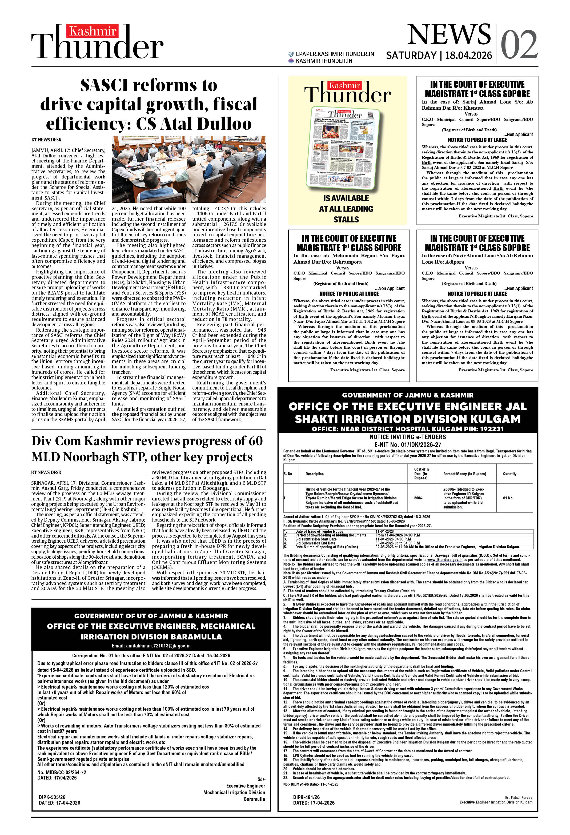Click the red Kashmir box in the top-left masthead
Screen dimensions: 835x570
[x=92, y=31]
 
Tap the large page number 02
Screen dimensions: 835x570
[x=519, y=45]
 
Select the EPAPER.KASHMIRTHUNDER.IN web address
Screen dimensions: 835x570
[x=335, y=54]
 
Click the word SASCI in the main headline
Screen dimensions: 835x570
[x=104, y=86]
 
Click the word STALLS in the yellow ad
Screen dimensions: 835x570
[x=346, y=220]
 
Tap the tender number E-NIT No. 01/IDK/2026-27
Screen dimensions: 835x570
[x=408, y=444]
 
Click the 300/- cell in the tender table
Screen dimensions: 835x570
[x=418, y=498]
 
